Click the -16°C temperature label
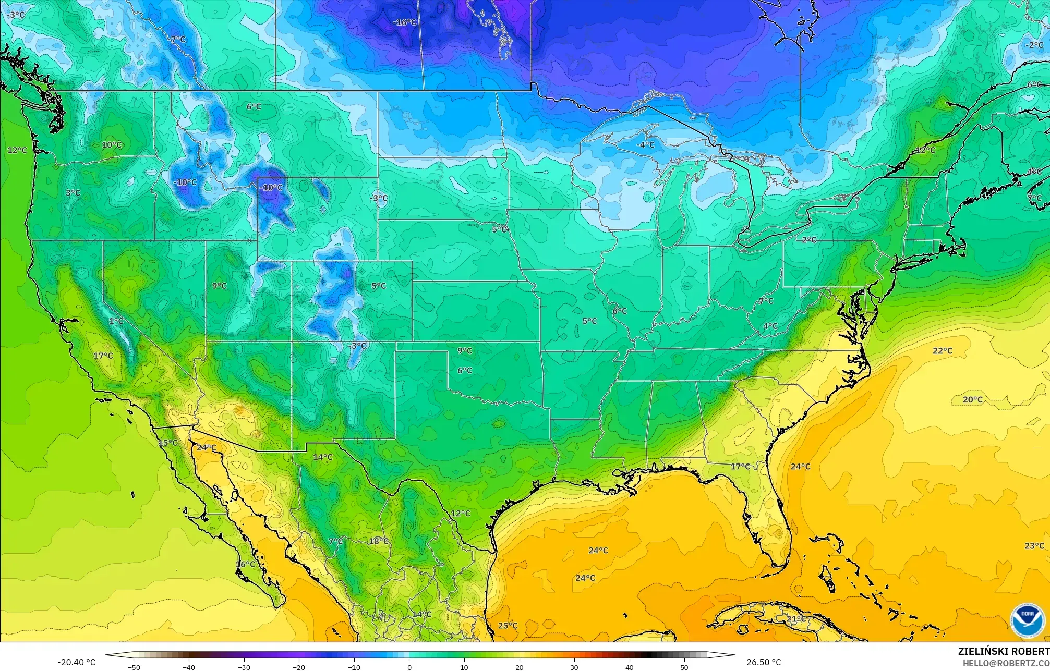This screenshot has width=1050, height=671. [x=405, y=22]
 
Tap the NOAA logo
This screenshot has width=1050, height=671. [x=1027, y=620]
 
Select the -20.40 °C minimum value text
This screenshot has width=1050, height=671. [x=76, y=662]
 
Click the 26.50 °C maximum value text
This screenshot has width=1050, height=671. [x=764, y=662]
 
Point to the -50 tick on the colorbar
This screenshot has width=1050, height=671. [x=134, y=667]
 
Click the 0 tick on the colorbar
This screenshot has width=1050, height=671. [x=409, y=667]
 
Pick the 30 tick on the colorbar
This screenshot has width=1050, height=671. [x=574, y=667]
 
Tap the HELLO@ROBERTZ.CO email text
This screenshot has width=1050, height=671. [x=1006, y=663]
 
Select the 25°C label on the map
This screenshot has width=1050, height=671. [x=508, y=626]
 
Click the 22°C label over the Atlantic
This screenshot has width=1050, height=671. [x=943, y=351]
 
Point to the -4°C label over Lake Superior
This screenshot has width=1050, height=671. [x=645, y=144]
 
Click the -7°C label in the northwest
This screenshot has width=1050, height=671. [x=177, y=39]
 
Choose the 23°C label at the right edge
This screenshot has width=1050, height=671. [x=1034, y=546]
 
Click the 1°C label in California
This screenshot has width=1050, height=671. [x=116, y=321]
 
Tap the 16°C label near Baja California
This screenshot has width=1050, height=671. [x=245, y=564]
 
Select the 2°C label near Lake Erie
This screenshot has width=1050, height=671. [x=809, y=240]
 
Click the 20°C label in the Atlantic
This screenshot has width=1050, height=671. [x=972, y=400]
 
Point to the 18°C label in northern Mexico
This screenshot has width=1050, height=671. [x=379, y=541]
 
